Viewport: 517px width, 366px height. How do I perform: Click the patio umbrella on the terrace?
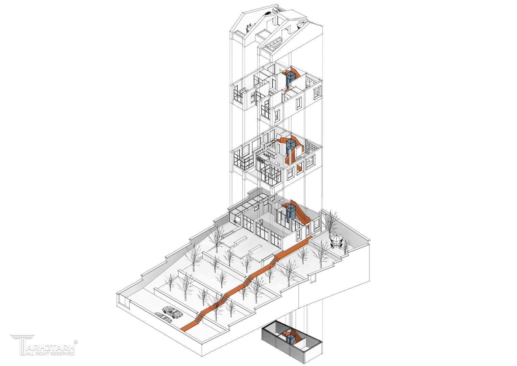click(336, 238)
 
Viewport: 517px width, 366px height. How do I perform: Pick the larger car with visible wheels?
click(173, 312)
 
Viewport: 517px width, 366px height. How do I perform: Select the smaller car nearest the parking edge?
click(163, 317)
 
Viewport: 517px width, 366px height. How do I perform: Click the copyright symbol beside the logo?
click(76, 342)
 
